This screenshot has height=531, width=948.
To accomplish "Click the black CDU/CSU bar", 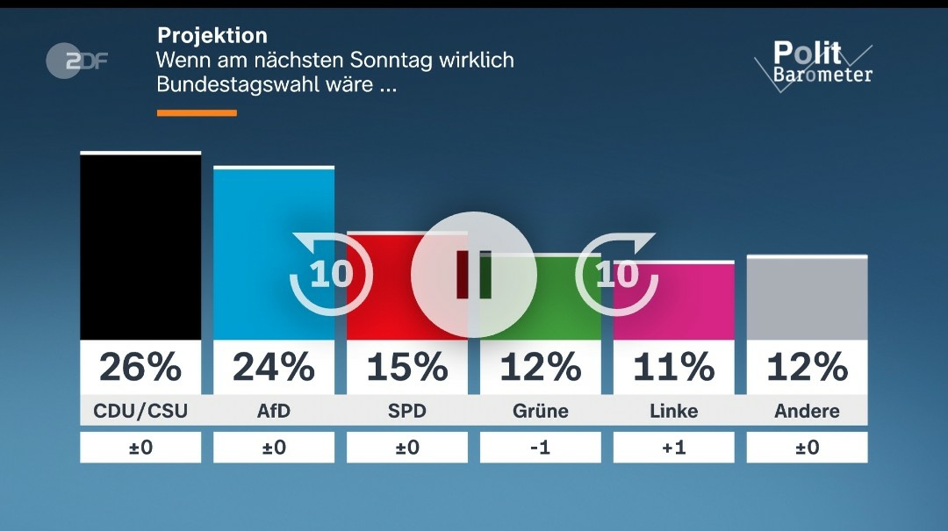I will click(140, 247).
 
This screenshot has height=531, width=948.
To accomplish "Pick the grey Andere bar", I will click(807, 298).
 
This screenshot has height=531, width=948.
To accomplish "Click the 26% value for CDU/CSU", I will click(140, 366).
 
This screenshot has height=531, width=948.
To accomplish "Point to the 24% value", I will click(274, 366).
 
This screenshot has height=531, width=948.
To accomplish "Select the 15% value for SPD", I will click(407, 366).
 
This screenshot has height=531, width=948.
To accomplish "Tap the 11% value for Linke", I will click(673, 366).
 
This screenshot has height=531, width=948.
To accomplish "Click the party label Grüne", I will click(541, 411).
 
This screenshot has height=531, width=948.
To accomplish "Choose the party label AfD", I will click(274, 411).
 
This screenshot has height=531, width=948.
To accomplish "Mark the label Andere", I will click(807, 411).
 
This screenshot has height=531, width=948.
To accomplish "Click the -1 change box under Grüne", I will click(541, 448).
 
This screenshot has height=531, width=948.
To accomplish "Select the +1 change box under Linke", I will click(673, 448).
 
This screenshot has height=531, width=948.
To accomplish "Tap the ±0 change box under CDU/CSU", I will click(140, 448).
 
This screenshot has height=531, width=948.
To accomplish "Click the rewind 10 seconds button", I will click(331, 274).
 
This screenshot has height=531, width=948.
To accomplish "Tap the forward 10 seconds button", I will click(617, 274).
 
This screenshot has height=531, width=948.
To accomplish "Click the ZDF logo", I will click(76, 61).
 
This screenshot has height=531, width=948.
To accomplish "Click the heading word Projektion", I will click(212, 36).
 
